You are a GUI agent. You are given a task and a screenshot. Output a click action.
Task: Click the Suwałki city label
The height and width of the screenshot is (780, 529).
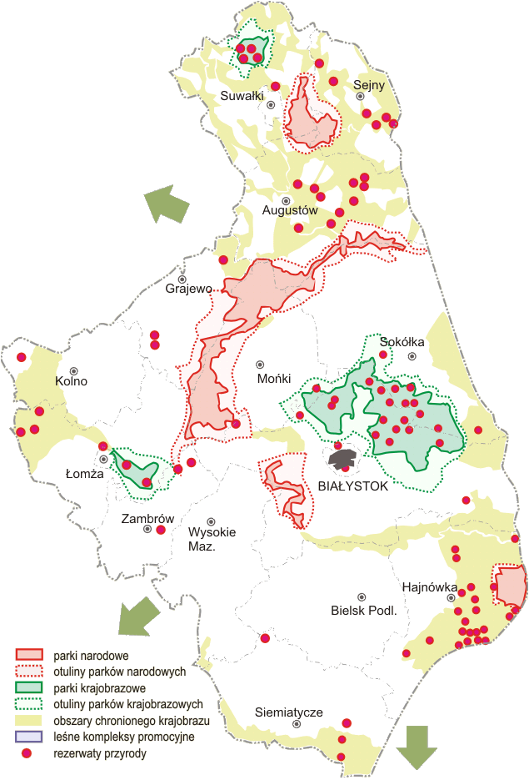point(242,96)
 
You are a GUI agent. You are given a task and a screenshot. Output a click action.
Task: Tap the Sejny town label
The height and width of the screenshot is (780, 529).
point(368,85)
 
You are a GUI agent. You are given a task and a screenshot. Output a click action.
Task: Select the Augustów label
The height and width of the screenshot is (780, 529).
point(290,211)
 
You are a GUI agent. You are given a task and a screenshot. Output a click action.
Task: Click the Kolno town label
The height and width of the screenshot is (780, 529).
point(71,381)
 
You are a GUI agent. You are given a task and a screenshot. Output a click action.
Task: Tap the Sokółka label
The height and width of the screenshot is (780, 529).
point(402,342)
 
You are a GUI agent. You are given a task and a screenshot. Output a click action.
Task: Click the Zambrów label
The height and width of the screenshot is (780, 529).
point(147,518)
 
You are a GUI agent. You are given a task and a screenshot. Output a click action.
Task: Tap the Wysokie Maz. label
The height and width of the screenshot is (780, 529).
point(212,540)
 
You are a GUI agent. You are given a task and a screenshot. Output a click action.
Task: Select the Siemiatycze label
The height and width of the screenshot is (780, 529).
point(288,712)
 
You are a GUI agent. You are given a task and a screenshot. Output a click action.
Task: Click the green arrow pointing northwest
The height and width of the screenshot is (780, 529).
point(166,204)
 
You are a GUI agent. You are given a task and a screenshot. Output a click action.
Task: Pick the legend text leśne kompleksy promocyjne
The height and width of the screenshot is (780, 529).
point(123,737)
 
